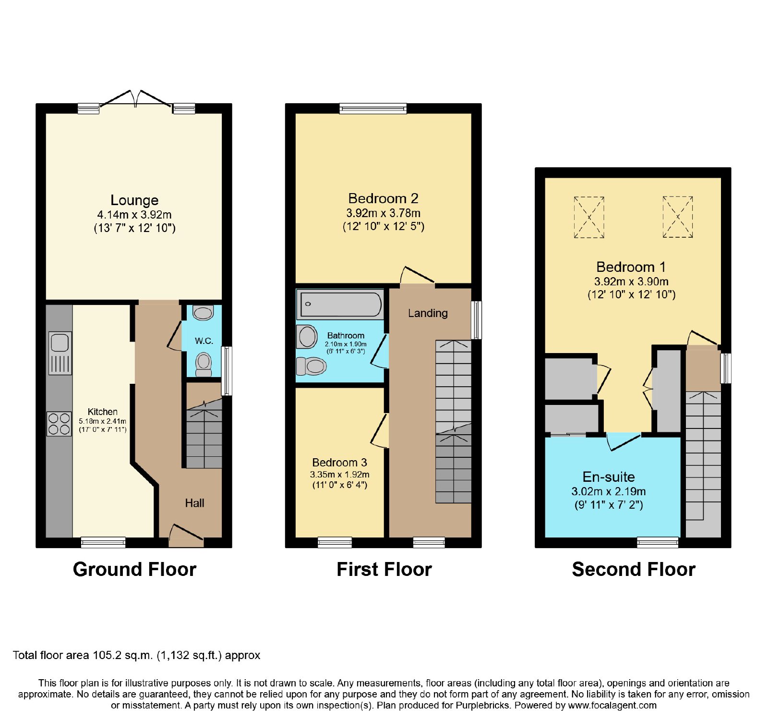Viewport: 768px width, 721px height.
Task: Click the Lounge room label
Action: pos(134,200)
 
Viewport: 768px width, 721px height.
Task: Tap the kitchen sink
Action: pos(60,353)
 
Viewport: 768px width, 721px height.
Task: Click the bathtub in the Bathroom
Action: pos(340,304)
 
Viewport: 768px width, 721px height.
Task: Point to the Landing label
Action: pos(428,313)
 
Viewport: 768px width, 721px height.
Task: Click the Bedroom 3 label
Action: pos(339,463)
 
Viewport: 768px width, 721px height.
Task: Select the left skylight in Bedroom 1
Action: pos(589,217)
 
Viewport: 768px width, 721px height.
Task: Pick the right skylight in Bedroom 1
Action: pos(678,217)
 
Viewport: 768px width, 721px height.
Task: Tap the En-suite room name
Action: pos(609,477)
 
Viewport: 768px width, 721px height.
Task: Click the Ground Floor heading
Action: pos(134,569)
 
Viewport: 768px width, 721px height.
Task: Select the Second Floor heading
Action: pos(634,569)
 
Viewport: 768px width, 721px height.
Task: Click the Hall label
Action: pos(194,503)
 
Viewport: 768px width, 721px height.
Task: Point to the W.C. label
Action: pos(204,341)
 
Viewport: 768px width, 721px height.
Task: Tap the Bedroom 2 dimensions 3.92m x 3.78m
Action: pos(384,213)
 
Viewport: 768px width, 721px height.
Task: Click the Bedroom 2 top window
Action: pos(373,109)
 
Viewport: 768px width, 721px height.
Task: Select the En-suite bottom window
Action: pos(658,542)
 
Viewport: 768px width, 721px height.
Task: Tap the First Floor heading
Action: pos(384,569)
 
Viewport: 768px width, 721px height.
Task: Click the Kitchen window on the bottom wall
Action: pos(103,542)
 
